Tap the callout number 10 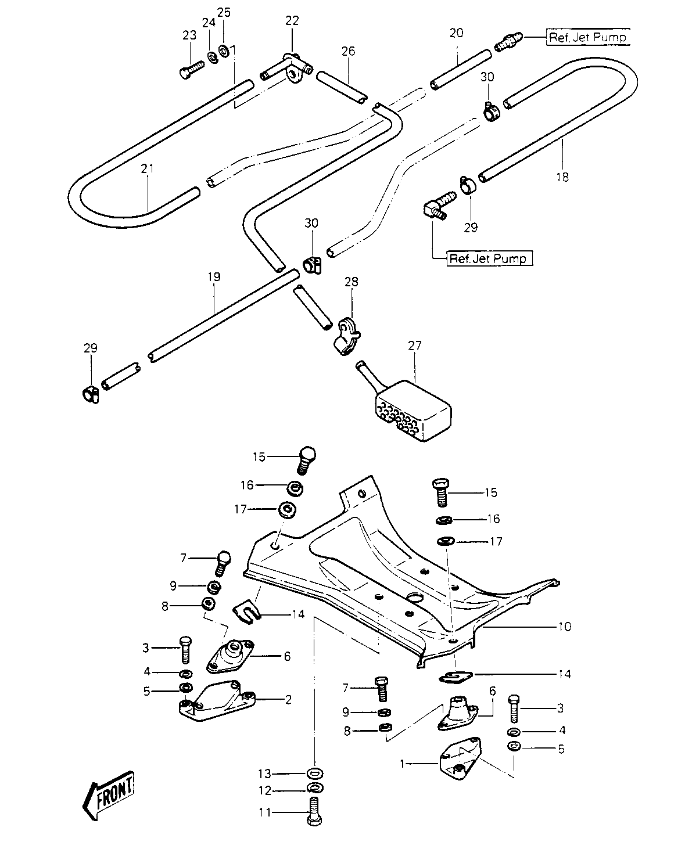(x=565, y=627)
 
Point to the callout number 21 (x=147, y=168)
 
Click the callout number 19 (x=214, y=277)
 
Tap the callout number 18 (x=562, y=177)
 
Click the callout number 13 (x=264, y=774)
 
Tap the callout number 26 (x=349, y=51)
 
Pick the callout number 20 (x=457, y=33)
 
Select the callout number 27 (x=414, y=346)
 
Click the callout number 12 (x=265, y=791)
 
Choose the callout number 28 (x=351, y=282)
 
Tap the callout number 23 (x=189, y=35)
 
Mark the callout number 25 (x=224, y=13)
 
